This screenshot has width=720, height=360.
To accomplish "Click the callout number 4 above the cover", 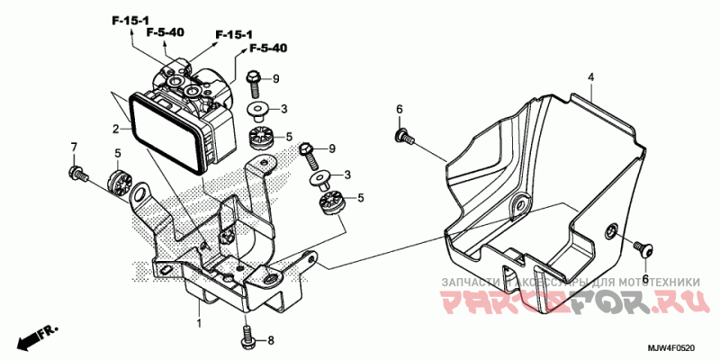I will pos(591,77).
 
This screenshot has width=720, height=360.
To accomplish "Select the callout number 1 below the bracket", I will pos(199,321).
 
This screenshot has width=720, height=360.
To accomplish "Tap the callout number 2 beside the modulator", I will pos(116,129).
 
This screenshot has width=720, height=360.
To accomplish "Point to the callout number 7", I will pos(75,147).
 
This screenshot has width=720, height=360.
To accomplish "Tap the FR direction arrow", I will pos(33,337).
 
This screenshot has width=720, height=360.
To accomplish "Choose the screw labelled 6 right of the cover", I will pos(643,245).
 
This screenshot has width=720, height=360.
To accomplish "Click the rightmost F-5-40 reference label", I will pos(268,48).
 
